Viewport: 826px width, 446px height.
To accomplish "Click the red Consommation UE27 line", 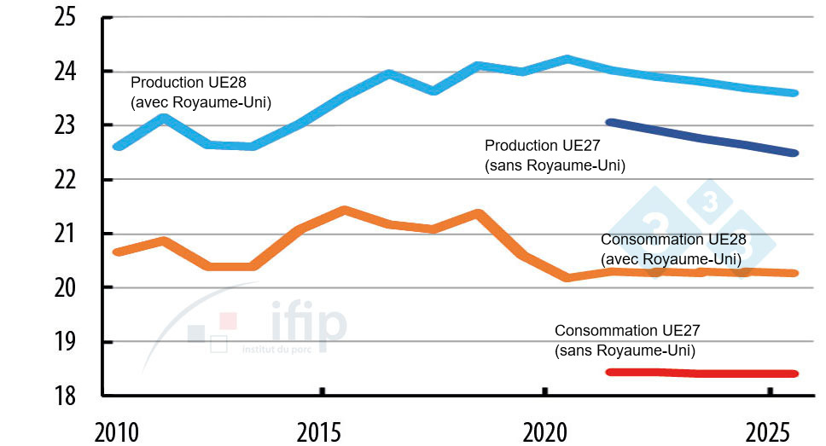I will (x=700, y=373).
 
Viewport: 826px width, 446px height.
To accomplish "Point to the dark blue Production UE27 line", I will (x=700, y=138).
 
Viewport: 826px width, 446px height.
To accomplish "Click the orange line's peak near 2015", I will (x=343, y=210).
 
